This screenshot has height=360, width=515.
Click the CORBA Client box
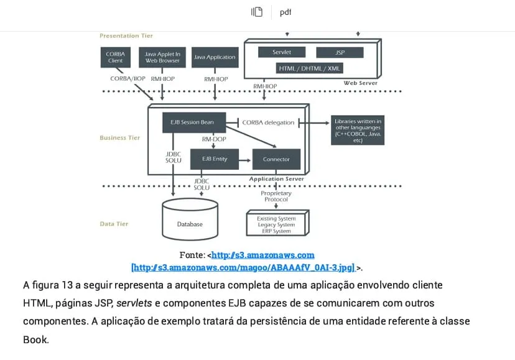coord(115,57)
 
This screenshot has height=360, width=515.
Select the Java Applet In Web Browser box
coord(162,57)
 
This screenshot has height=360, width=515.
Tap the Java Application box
coord(215,57)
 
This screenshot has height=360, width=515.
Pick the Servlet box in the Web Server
coord(282,52)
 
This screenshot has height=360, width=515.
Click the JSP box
coord(340,53)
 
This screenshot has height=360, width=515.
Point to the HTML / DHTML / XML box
coord(310,68)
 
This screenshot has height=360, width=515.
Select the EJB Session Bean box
coord(192,122)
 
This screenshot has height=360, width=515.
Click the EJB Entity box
coord(215,159)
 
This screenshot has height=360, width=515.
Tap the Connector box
coord(276,159)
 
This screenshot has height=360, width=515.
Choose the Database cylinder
coord(190,221)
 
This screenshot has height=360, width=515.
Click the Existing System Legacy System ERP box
coord(277,224)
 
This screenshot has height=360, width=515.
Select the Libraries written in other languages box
coord(358,131)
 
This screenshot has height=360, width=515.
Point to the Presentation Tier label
coord(126,36)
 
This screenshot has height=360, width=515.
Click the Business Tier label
coord(120,138)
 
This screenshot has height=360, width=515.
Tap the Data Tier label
coord(114,224)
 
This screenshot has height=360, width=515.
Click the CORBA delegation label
coord(268,122)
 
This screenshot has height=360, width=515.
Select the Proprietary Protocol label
coord(276,196)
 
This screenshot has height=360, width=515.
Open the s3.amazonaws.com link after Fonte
coord(263,255)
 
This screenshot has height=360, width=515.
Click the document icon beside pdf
coord(257,12)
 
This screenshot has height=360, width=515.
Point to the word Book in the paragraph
coord(35,340)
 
